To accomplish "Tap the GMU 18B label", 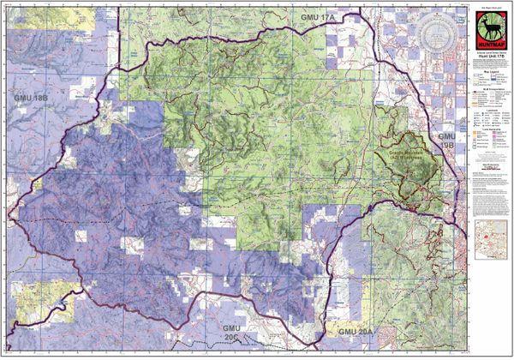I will (x=32, y=99).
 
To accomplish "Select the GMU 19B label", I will (x=447, y=141).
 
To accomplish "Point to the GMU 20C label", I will (x=234, y=334).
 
